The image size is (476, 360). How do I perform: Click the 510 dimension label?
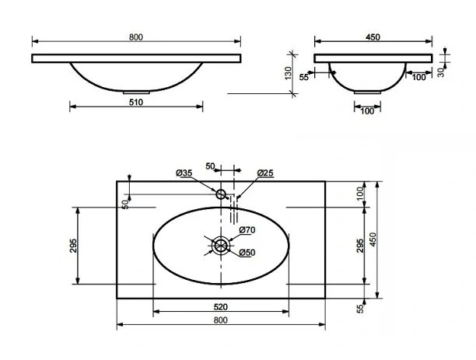tap(135, 103)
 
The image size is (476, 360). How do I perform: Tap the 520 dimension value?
tap(220, 307)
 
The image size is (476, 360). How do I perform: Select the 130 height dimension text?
tap(288, 73)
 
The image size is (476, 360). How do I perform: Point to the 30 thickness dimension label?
tap(441, 72)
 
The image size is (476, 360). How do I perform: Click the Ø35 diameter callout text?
tap(184, 173)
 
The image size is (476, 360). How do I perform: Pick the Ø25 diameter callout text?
tap(265, 173)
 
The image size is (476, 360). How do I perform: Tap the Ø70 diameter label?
tap(247, 230)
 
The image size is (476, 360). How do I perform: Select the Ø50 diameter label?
tap(247, 253)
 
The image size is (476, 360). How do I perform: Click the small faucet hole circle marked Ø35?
tap(221, 194)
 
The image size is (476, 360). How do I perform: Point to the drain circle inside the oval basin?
tap(221, 245)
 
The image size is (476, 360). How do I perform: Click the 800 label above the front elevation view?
tap(135, 37)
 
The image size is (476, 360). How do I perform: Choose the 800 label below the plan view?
tap(220, 320)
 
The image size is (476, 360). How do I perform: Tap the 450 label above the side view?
tap(373, 37)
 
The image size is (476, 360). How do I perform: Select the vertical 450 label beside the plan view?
tap(373, 239)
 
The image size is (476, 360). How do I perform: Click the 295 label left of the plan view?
tap(73, 246)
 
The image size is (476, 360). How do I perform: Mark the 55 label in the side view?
tap(303, 77)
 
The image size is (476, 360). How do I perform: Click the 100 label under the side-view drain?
tap(367, 111)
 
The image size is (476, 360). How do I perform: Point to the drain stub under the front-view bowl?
tap(136, 93)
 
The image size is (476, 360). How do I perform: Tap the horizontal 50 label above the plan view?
tap(210, 166)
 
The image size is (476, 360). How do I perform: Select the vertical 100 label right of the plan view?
tap(360, 194)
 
